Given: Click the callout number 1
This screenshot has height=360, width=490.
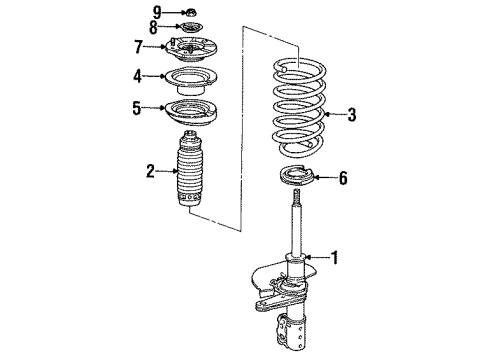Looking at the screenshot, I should click(x=335, y=258).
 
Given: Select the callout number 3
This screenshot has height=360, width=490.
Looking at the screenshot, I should click(x=351, y=115).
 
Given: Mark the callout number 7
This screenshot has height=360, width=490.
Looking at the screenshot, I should click(x=140, y=47).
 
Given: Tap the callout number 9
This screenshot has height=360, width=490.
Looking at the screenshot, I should click(x=157, y=10).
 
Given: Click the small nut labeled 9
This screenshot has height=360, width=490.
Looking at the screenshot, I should click(x=190, y=11).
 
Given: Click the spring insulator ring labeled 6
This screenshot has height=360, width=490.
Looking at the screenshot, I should click(x=296, y=181).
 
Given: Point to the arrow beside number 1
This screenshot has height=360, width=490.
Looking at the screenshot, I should click(x=317, y=258).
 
